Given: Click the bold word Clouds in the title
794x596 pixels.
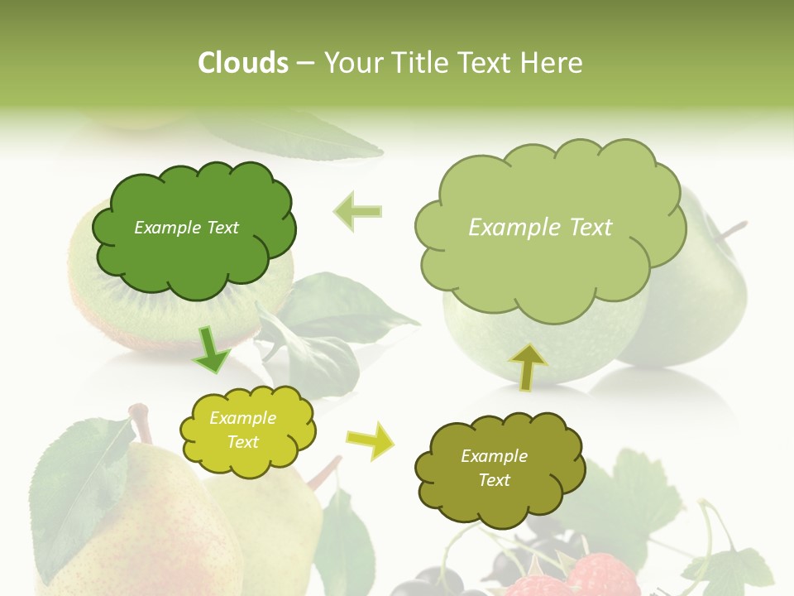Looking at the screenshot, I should click(243, 63).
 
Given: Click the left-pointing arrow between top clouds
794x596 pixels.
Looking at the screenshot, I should click(358, 211).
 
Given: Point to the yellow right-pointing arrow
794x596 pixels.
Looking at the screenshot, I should click(371, 441).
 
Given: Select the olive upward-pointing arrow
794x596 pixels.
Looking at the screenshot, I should click(527, 366).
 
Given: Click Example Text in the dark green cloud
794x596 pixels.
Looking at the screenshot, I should click(186, 228).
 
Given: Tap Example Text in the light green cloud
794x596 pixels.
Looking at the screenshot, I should click(540, 228).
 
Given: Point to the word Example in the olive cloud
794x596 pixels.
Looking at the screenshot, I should click(494, 456).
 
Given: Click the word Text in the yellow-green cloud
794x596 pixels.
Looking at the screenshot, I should click(243, 442).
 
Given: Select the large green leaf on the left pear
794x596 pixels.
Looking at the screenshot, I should click(79, 488).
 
